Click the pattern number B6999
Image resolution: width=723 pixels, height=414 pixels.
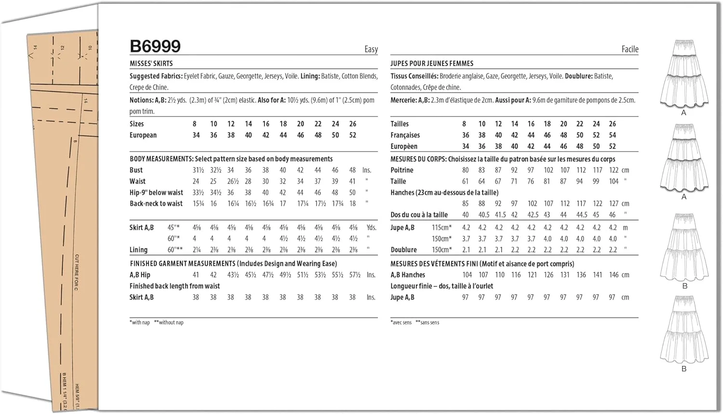[x=155, y=46]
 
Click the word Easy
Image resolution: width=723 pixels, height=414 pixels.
[x=371, y=49]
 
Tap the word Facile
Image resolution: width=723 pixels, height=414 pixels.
[x=629, y=49]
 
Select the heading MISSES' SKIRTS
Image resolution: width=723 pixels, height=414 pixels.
[x=151, y=63]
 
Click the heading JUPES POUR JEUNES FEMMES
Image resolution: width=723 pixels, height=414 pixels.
[x=431, y=63]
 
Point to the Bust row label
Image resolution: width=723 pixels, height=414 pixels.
[x=136, y=170]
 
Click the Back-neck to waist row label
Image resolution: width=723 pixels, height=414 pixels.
[x=156, y=204]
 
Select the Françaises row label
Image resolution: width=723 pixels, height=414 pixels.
[x=405, y=135]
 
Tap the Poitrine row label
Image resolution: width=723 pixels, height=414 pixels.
[x=402, y=170]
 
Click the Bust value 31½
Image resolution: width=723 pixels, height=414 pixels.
[x=198, y=170]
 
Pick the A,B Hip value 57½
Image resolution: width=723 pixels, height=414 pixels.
[x=354, y=275]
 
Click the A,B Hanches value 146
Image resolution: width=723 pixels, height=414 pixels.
[x=613, y=275]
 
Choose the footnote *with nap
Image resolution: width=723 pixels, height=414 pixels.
[x=140, y=322]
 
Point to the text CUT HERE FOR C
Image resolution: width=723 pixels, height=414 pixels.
[x=77, y=272]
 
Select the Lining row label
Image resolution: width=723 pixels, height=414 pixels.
[x=138, y=249]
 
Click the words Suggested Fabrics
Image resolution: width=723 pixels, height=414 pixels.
[x=156, y=76]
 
